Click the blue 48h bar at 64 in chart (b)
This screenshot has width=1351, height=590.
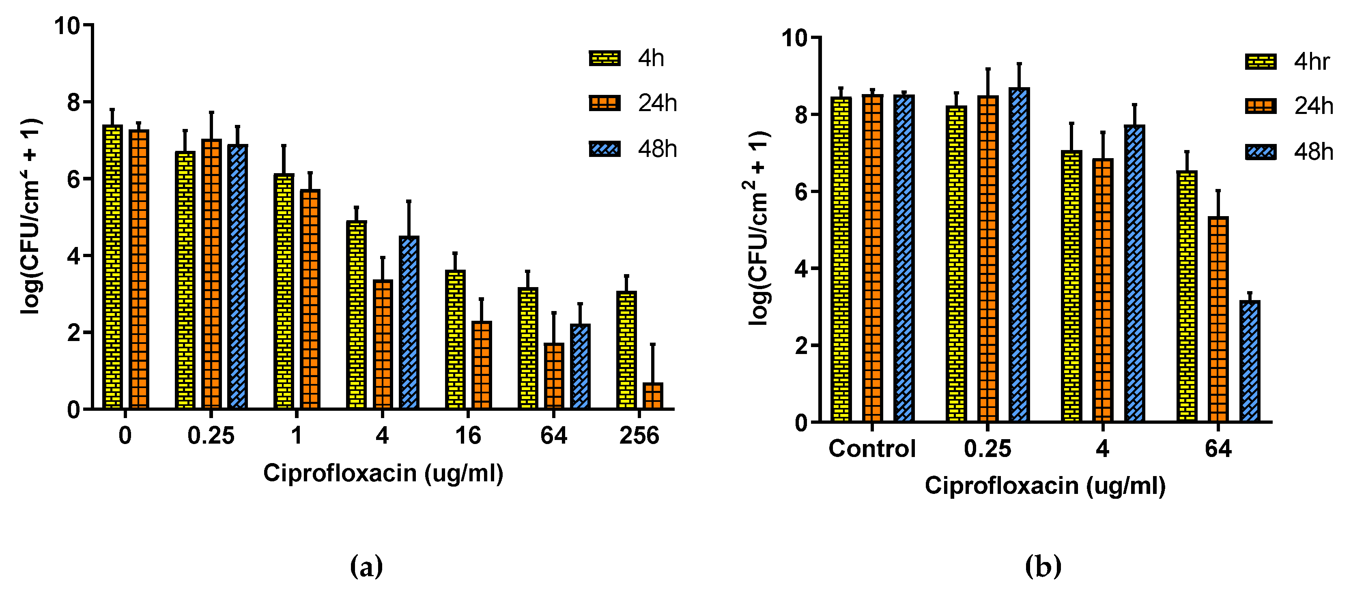(x=1250, y=362)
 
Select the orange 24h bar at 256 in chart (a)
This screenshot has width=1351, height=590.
(x=652, y=396)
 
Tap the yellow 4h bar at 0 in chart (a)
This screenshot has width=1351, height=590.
(x=112, y=267)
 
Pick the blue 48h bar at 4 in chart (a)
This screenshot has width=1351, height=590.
(x=409, y=323)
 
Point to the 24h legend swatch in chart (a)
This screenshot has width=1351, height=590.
(x=604, y=103)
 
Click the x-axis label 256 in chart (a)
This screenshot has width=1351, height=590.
(x=639, y=436)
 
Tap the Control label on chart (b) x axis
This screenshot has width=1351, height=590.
(x=871, y=449)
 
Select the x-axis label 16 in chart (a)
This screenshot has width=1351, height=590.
(x=468, y=436)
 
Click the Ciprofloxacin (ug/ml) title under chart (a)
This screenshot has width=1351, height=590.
(x=383, y=473)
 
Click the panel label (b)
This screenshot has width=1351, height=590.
(x=1043, y=566)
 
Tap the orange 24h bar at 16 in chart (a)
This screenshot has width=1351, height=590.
(x=482, y=365)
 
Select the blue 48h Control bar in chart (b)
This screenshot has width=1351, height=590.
(x=904, y=259)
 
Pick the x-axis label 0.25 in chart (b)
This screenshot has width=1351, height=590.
(x=987, y=449)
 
